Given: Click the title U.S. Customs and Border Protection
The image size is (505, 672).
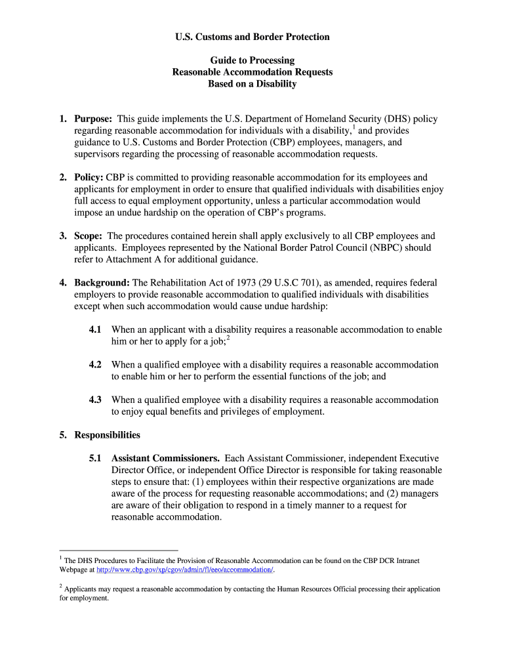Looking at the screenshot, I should pos(253,37).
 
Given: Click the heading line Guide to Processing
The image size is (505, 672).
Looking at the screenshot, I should pos(253,60).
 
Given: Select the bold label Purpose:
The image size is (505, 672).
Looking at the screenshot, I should pos(93,119).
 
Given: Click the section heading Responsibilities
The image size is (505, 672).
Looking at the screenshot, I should pos(107,435).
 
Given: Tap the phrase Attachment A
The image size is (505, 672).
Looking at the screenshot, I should pos(126,260).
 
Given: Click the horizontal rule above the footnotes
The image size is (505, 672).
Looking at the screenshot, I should pos(119,551).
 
